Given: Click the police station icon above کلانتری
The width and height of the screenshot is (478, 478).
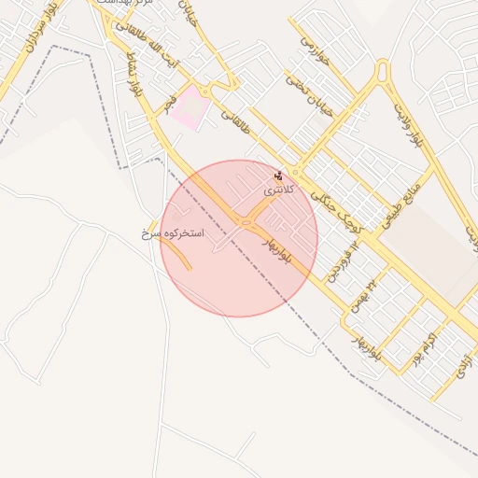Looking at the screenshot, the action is (278, 175).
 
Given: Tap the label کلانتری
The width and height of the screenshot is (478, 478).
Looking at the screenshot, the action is (278, 189).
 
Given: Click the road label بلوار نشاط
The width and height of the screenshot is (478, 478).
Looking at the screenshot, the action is (135, 70).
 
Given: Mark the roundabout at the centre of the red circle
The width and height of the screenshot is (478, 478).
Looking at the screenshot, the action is (246, 222).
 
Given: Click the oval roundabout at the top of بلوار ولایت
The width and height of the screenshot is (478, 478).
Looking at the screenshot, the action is (381, 71).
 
